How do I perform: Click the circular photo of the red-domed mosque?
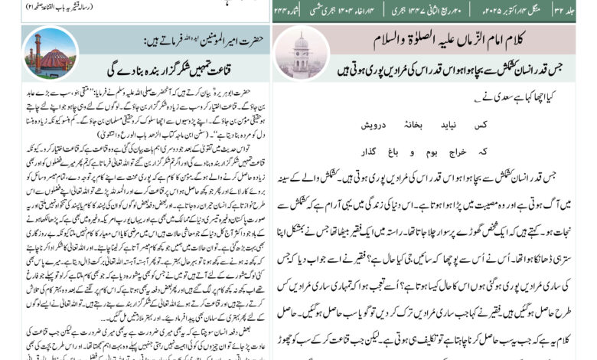coord(51,53)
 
